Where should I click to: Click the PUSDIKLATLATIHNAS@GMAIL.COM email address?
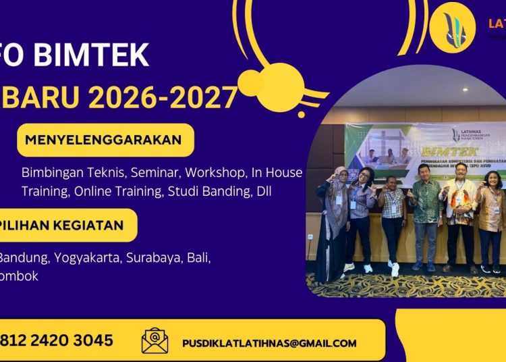click(269, 343)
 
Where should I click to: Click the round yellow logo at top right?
click(452, 28)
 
